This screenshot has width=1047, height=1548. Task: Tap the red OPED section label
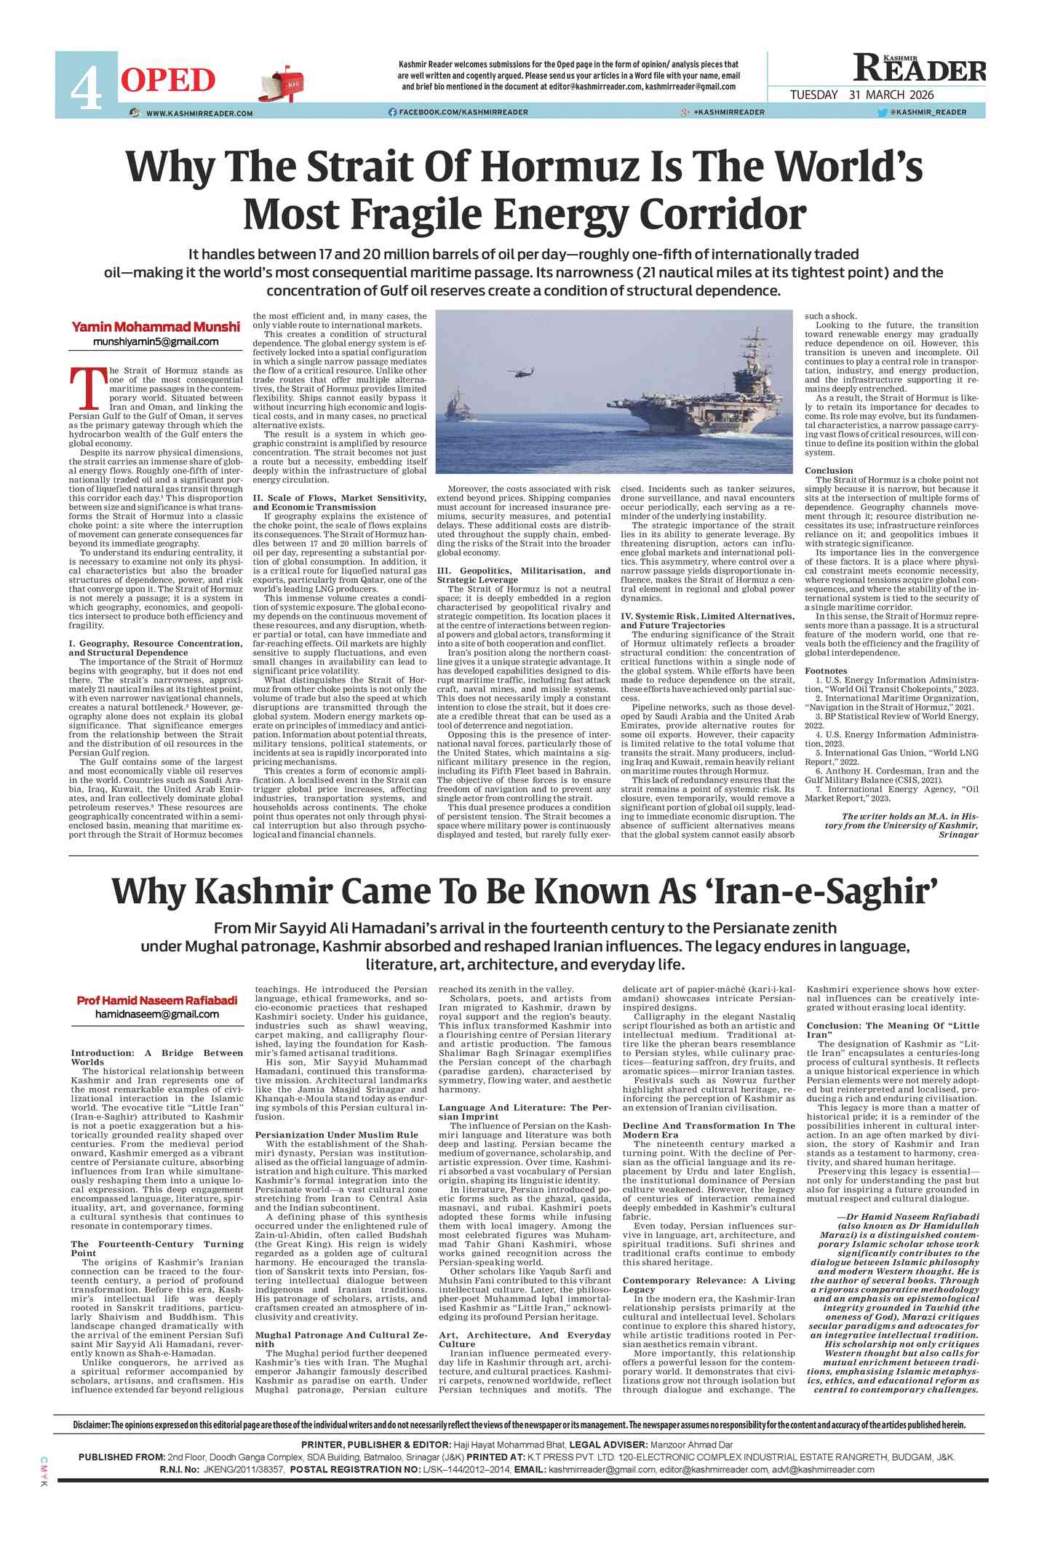tap(168, 80)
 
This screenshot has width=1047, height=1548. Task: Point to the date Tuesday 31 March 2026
tap(861, 95)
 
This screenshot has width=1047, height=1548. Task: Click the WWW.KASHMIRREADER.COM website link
tap(199, 114)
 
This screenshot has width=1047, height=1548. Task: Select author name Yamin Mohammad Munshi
tap(155, 327)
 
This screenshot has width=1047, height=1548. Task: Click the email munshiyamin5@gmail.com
tap(156, 341)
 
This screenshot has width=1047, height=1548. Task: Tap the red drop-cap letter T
tap(87, 389)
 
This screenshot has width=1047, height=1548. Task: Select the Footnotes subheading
tap(826, 670)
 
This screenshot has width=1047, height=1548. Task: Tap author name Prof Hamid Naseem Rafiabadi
tap(157, 1000)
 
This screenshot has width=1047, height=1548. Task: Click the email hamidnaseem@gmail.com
tap(156, 1014)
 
